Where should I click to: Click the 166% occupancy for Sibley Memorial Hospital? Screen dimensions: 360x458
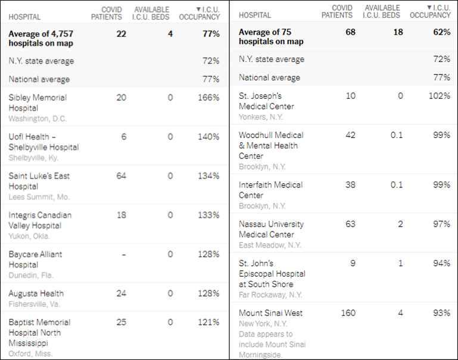point(208,98)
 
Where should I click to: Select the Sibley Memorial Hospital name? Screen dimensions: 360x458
point(38,102)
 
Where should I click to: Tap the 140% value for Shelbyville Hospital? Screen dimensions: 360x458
point(208,137)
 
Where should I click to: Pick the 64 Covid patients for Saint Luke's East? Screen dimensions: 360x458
point(121,176)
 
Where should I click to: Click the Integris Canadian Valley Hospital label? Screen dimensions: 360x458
point(40,220)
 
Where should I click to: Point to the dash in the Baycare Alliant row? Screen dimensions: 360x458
point(123,255)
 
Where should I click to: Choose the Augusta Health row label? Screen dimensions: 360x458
point(36,293)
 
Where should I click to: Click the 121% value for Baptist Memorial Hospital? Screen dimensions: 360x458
point(208,323)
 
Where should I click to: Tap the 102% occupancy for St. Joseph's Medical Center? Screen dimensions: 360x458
point(438,96)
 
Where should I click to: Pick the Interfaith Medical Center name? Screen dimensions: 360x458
point(270,190)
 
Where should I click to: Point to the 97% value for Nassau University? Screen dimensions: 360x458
point(441,224)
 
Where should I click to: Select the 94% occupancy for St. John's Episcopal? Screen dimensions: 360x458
point(441,264)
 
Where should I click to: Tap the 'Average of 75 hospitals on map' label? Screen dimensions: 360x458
point(271,37)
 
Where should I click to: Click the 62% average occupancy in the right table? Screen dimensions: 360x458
point(441,32)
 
